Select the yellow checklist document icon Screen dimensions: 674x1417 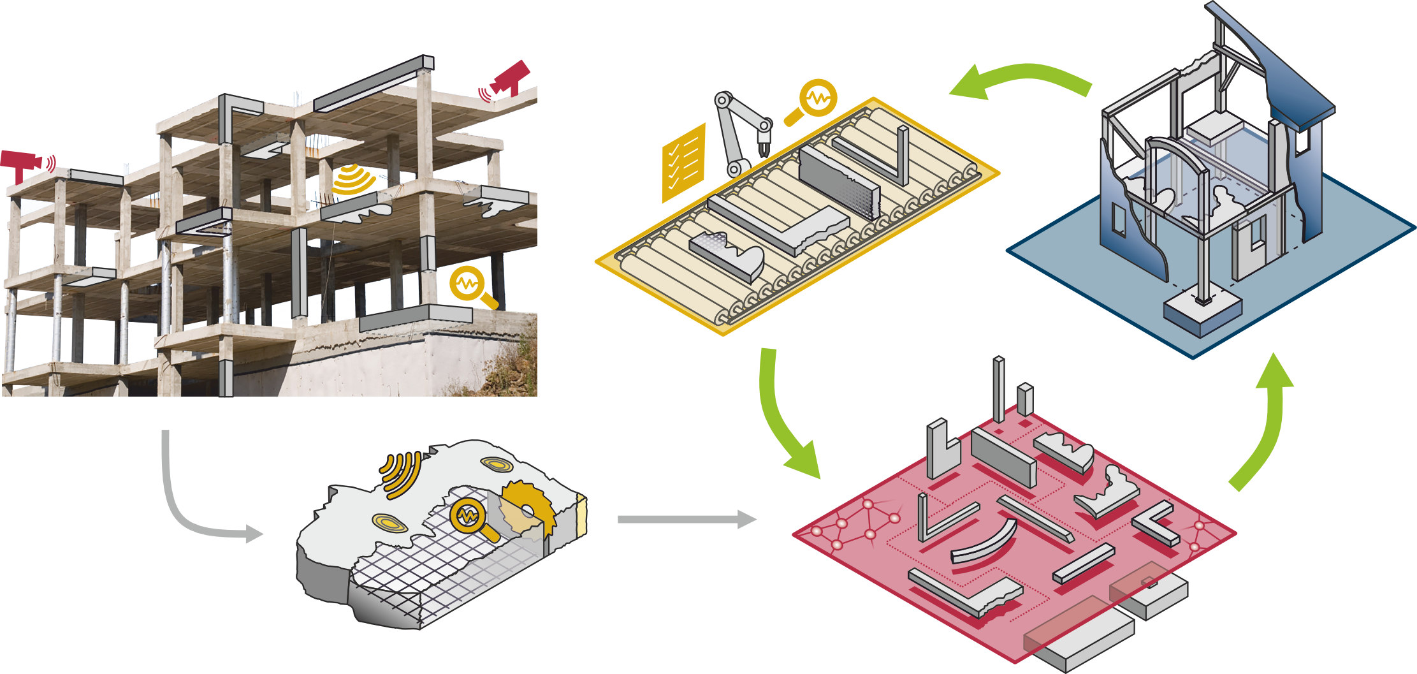(683, 161)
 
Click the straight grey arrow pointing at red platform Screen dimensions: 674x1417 (685, 519)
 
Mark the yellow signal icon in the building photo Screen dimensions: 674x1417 (354, 179)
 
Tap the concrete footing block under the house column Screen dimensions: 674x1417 (1202, 312)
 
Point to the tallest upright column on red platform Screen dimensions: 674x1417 (999, 389)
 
